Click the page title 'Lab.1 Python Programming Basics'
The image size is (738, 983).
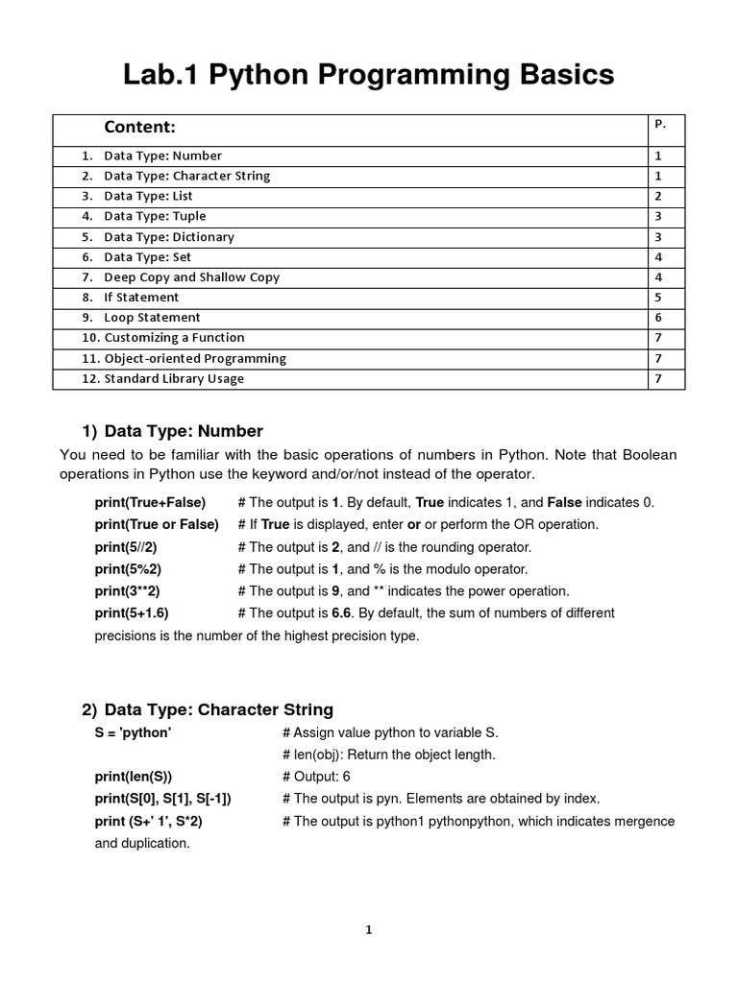369,75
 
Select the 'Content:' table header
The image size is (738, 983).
140,128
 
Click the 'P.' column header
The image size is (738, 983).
660,124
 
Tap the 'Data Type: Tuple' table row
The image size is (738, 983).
155,216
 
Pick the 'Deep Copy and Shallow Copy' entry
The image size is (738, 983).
191,276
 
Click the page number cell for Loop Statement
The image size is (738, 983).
658,318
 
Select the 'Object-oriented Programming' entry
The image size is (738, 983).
195,358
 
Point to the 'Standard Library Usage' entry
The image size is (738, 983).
174,378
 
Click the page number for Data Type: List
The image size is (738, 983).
658,196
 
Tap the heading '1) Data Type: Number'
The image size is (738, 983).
172,431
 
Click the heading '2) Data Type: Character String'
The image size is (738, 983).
207,709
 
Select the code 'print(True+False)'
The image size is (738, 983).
150,502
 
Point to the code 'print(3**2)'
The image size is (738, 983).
127,591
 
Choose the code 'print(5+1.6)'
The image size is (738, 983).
131,613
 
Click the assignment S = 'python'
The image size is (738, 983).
133,732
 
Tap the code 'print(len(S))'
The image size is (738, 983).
133,777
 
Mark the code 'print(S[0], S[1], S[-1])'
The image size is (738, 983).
162,799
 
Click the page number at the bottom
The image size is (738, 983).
369,929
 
